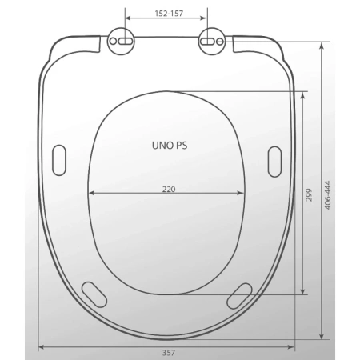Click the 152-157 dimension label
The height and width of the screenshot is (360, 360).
pyautogui.click(x=169, y=14)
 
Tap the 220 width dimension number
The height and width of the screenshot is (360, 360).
pyautogui.click(x=169, y=189)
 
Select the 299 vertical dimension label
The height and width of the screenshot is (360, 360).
pyautogui.click(x=309, y=195)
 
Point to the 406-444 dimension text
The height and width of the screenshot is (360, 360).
pyautogui.click(x=328, y=195)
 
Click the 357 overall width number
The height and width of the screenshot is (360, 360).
pyautogui.click(x=169, y=353)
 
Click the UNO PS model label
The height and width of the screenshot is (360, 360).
pyautogui.click(x=170, y=146)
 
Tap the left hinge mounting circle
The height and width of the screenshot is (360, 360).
pyautogui.click(x=121, y=41)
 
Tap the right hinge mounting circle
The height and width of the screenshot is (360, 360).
pyautogui.click(x=212, y=41)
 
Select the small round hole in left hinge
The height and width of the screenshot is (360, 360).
pyautogui.click(x=113, y=42)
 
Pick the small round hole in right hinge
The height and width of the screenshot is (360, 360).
pyautogui.click(x=220, y=42)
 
